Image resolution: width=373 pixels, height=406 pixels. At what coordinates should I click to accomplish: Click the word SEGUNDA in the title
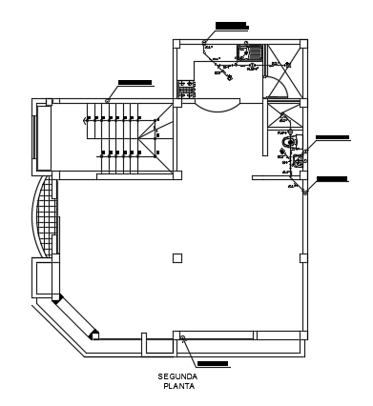pyautogui.click(x=179, y=376)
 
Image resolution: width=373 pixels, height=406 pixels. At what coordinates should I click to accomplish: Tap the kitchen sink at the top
pyautogui.click(x=255, y=51)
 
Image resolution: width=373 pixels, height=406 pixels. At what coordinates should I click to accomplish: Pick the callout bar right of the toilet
pyautogui.click(x=332, y=138)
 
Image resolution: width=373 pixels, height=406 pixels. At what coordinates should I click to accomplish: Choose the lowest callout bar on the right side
pyautogui.click(x=332, y=178)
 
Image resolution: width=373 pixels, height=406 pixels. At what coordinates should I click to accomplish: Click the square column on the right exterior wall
pyautogui.click(x=303, y=258)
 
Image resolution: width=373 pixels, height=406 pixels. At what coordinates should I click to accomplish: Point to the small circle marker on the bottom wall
pyautogui.click(x=181, y=338)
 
